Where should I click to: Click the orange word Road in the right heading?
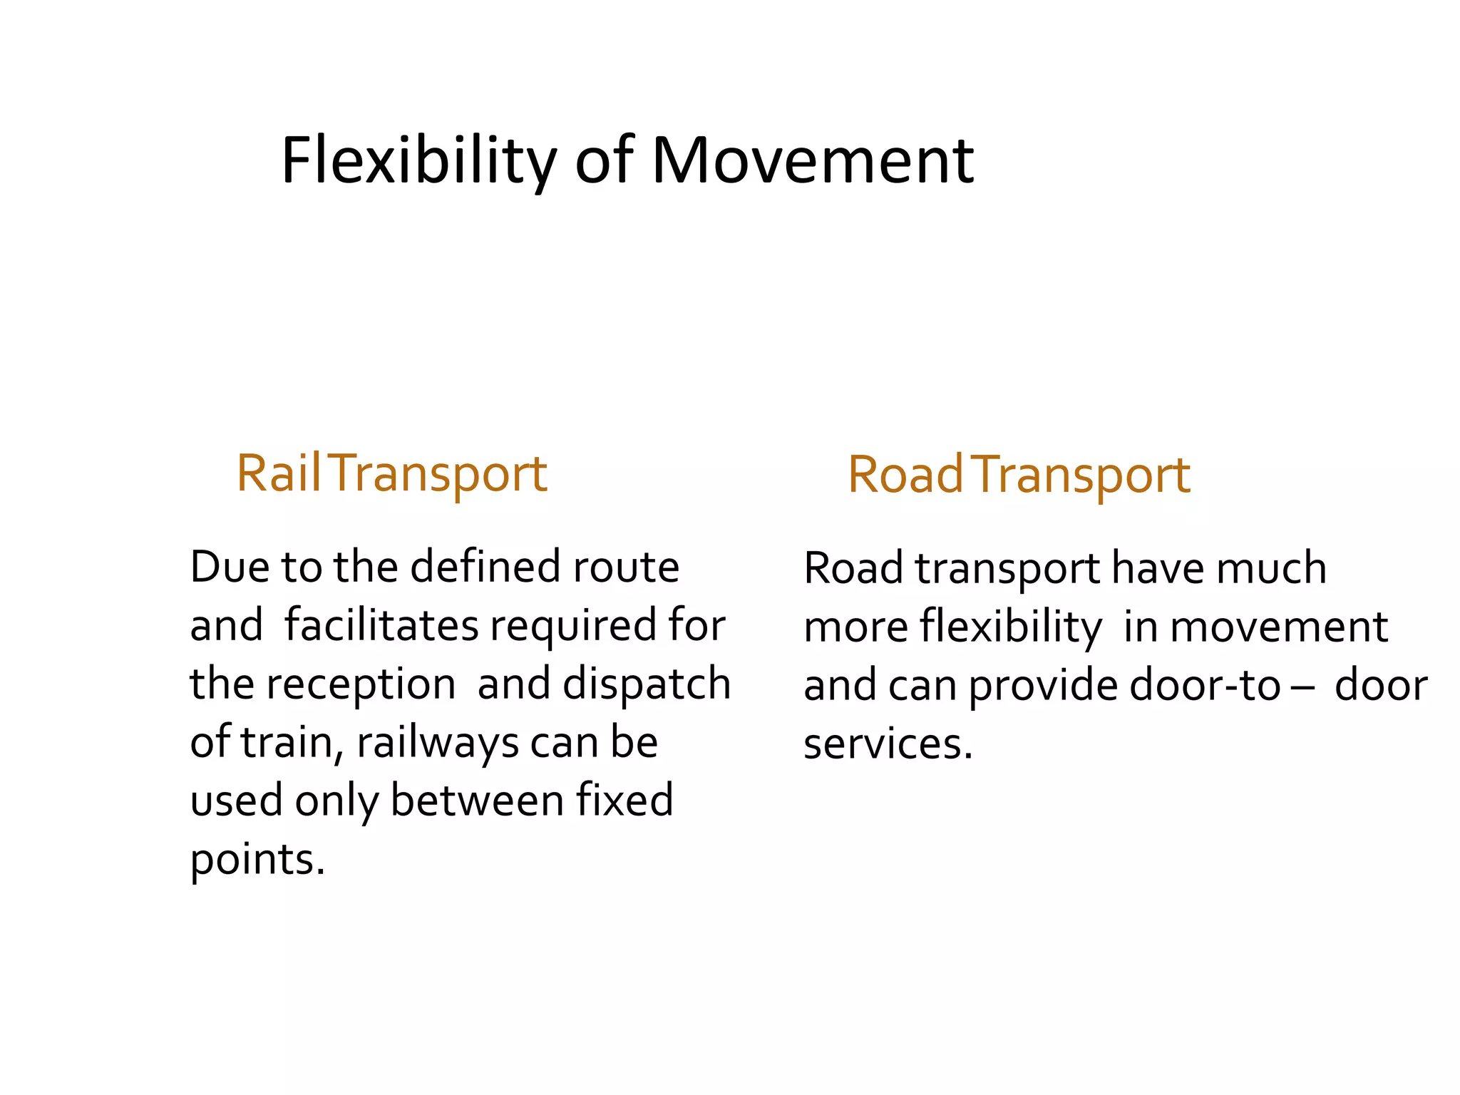click(x=905, y=475)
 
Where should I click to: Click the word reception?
click(x=361, y=684)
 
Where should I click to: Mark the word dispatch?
click(x=647, y=684)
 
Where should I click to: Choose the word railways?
click(x=437, y=743)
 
